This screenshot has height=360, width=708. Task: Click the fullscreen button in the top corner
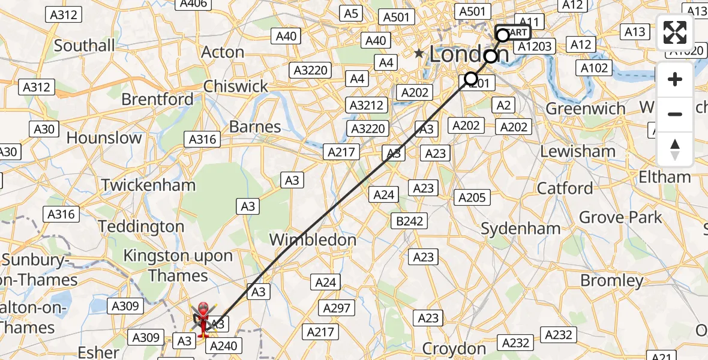pos(675,32)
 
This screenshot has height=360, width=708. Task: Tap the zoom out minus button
pos(675,114)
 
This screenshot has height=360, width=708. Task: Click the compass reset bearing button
pos(675,149)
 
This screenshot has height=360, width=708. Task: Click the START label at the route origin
pos(514,32)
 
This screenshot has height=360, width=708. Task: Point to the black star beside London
pos(419,54)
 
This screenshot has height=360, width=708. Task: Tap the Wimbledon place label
pos(313,240)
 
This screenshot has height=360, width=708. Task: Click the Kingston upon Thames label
pos(178,265)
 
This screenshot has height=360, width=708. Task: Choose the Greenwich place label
pos(585,109)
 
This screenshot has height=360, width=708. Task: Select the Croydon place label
pos(454,349)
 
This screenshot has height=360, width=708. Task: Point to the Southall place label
pos(85,46)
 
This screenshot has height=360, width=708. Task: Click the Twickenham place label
pos(148,185)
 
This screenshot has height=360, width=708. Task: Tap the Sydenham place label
pos(521,229)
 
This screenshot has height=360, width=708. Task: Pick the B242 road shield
pos(410,221)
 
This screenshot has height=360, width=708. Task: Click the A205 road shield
pos(473,197)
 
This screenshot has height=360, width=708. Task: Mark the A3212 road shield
pos(367,105)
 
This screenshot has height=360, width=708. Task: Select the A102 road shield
pos(595,68)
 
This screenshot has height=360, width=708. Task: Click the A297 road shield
pos(337,308)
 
